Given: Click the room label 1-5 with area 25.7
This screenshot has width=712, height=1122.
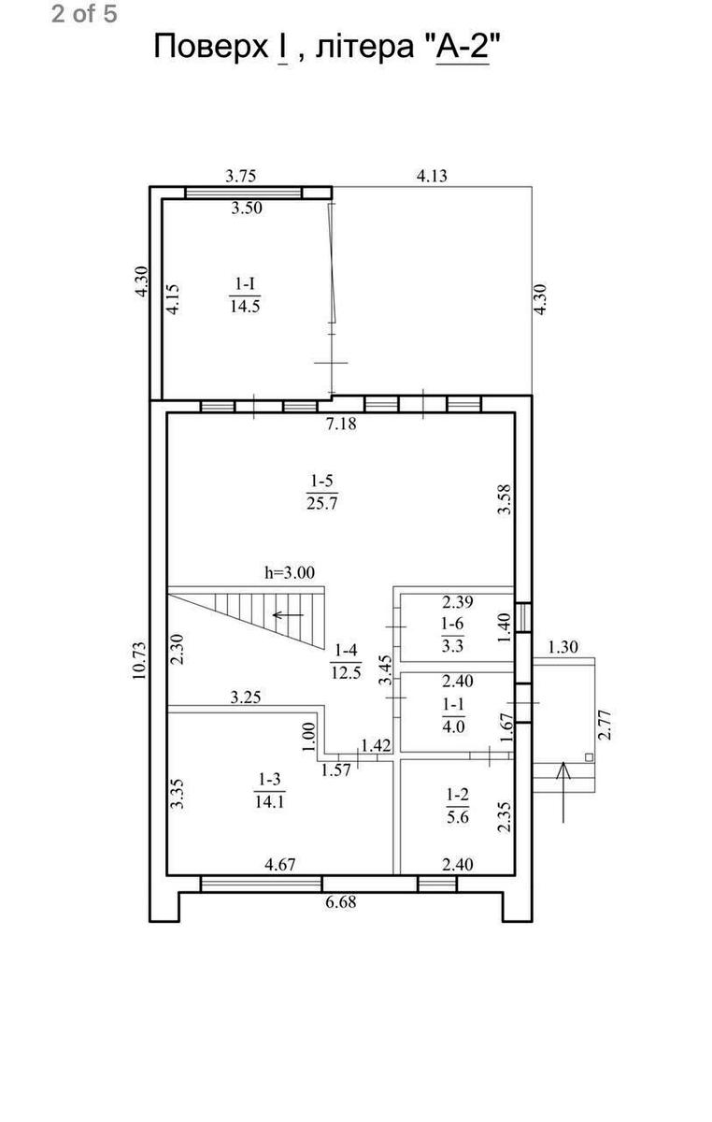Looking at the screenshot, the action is point(322,492).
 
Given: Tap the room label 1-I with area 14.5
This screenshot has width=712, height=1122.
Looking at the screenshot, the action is point(245,295).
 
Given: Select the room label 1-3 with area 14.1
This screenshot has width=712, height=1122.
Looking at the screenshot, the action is point(269,790).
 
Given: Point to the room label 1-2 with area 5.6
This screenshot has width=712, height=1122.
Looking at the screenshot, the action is point(457,805).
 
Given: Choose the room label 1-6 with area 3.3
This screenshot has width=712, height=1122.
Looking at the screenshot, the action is point(452,635).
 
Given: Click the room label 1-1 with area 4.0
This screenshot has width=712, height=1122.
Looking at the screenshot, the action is point(453,715).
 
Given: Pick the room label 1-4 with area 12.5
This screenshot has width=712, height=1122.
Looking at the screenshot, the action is point(346,661).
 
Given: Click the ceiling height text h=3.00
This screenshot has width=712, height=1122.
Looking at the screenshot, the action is point(290,572).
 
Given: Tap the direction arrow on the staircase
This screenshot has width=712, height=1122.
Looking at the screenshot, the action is point(288,614).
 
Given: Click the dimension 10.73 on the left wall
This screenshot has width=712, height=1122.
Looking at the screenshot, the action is point(139,660).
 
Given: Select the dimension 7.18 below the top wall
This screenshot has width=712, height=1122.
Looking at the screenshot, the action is point(341,424).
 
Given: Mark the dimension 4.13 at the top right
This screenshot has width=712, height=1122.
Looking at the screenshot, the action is point(432,176).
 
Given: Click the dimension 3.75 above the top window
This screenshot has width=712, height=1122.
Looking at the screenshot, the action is point(241,176).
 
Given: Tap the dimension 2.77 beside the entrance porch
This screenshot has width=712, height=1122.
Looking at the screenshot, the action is point(605,725).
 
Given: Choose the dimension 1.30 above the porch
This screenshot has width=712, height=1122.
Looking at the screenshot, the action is point(563,647).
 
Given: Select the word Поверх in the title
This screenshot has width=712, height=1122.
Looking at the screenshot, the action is point(210,47).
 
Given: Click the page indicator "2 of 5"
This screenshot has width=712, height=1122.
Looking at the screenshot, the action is point(84,13).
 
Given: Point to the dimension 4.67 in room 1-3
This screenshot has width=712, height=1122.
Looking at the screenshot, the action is point(280,865).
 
